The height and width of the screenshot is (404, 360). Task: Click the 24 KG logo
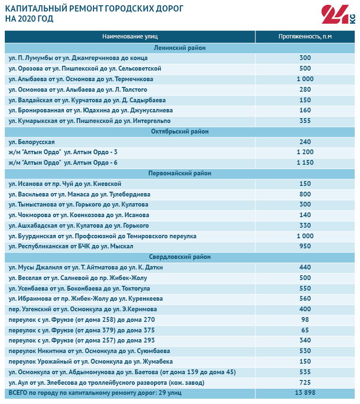(x=338, y=15)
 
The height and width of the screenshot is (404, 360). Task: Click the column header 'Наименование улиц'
(x=130, y=37)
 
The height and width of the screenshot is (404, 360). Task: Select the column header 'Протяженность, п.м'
(x=305, y=37)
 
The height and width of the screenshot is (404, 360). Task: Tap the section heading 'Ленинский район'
(x=180, y=48)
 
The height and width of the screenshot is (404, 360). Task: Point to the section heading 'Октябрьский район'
(x=180, y=131)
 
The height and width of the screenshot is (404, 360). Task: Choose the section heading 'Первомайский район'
(x=180, y=173)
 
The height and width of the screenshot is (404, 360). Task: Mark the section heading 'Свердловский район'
(x=180, y=257)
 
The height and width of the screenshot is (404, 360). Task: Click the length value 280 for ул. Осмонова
(x=305, y=89)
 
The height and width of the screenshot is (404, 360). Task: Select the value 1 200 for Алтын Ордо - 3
(x=305, y=152)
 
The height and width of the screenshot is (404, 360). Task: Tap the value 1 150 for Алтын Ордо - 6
(x=305, y=163)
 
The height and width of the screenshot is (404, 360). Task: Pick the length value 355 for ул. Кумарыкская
(x=305, y=121)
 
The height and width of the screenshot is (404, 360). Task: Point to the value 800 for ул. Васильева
(x=305, y=194)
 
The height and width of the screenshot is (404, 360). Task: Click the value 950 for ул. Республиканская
(x=305, y=246)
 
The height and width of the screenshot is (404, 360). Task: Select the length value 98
(x=305, y=319)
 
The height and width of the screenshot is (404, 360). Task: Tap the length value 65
(x=305, y=330)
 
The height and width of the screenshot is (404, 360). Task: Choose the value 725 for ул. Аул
(x=305, y=382)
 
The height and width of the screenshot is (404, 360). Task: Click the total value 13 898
(x=305, y=393)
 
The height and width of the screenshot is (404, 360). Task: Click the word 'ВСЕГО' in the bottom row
(x=19, y=393)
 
